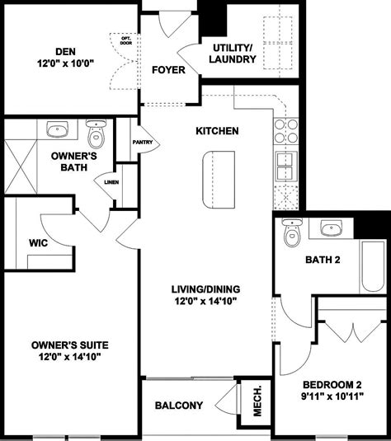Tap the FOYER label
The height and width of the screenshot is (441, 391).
coord(167,69)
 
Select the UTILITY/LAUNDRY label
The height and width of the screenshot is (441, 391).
coord(233,54)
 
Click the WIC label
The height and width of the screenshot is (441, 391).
coord(39,243)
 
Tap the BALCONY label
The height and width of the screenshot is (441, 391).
coord(179,406)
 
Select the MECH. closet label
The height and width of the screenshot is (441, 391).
coord(257,401)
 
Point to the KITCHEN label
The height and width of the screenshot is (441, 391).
coord(217,131)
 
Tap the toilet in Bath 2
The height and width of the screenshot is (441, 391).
coord(290,234)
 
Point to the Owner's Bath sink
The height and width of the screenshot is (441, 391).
coord(58,129)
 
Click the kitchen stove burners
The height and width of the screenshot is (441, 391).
coord(285,132)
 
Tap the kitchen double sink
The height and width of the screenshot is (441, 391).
coord(285,167)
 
